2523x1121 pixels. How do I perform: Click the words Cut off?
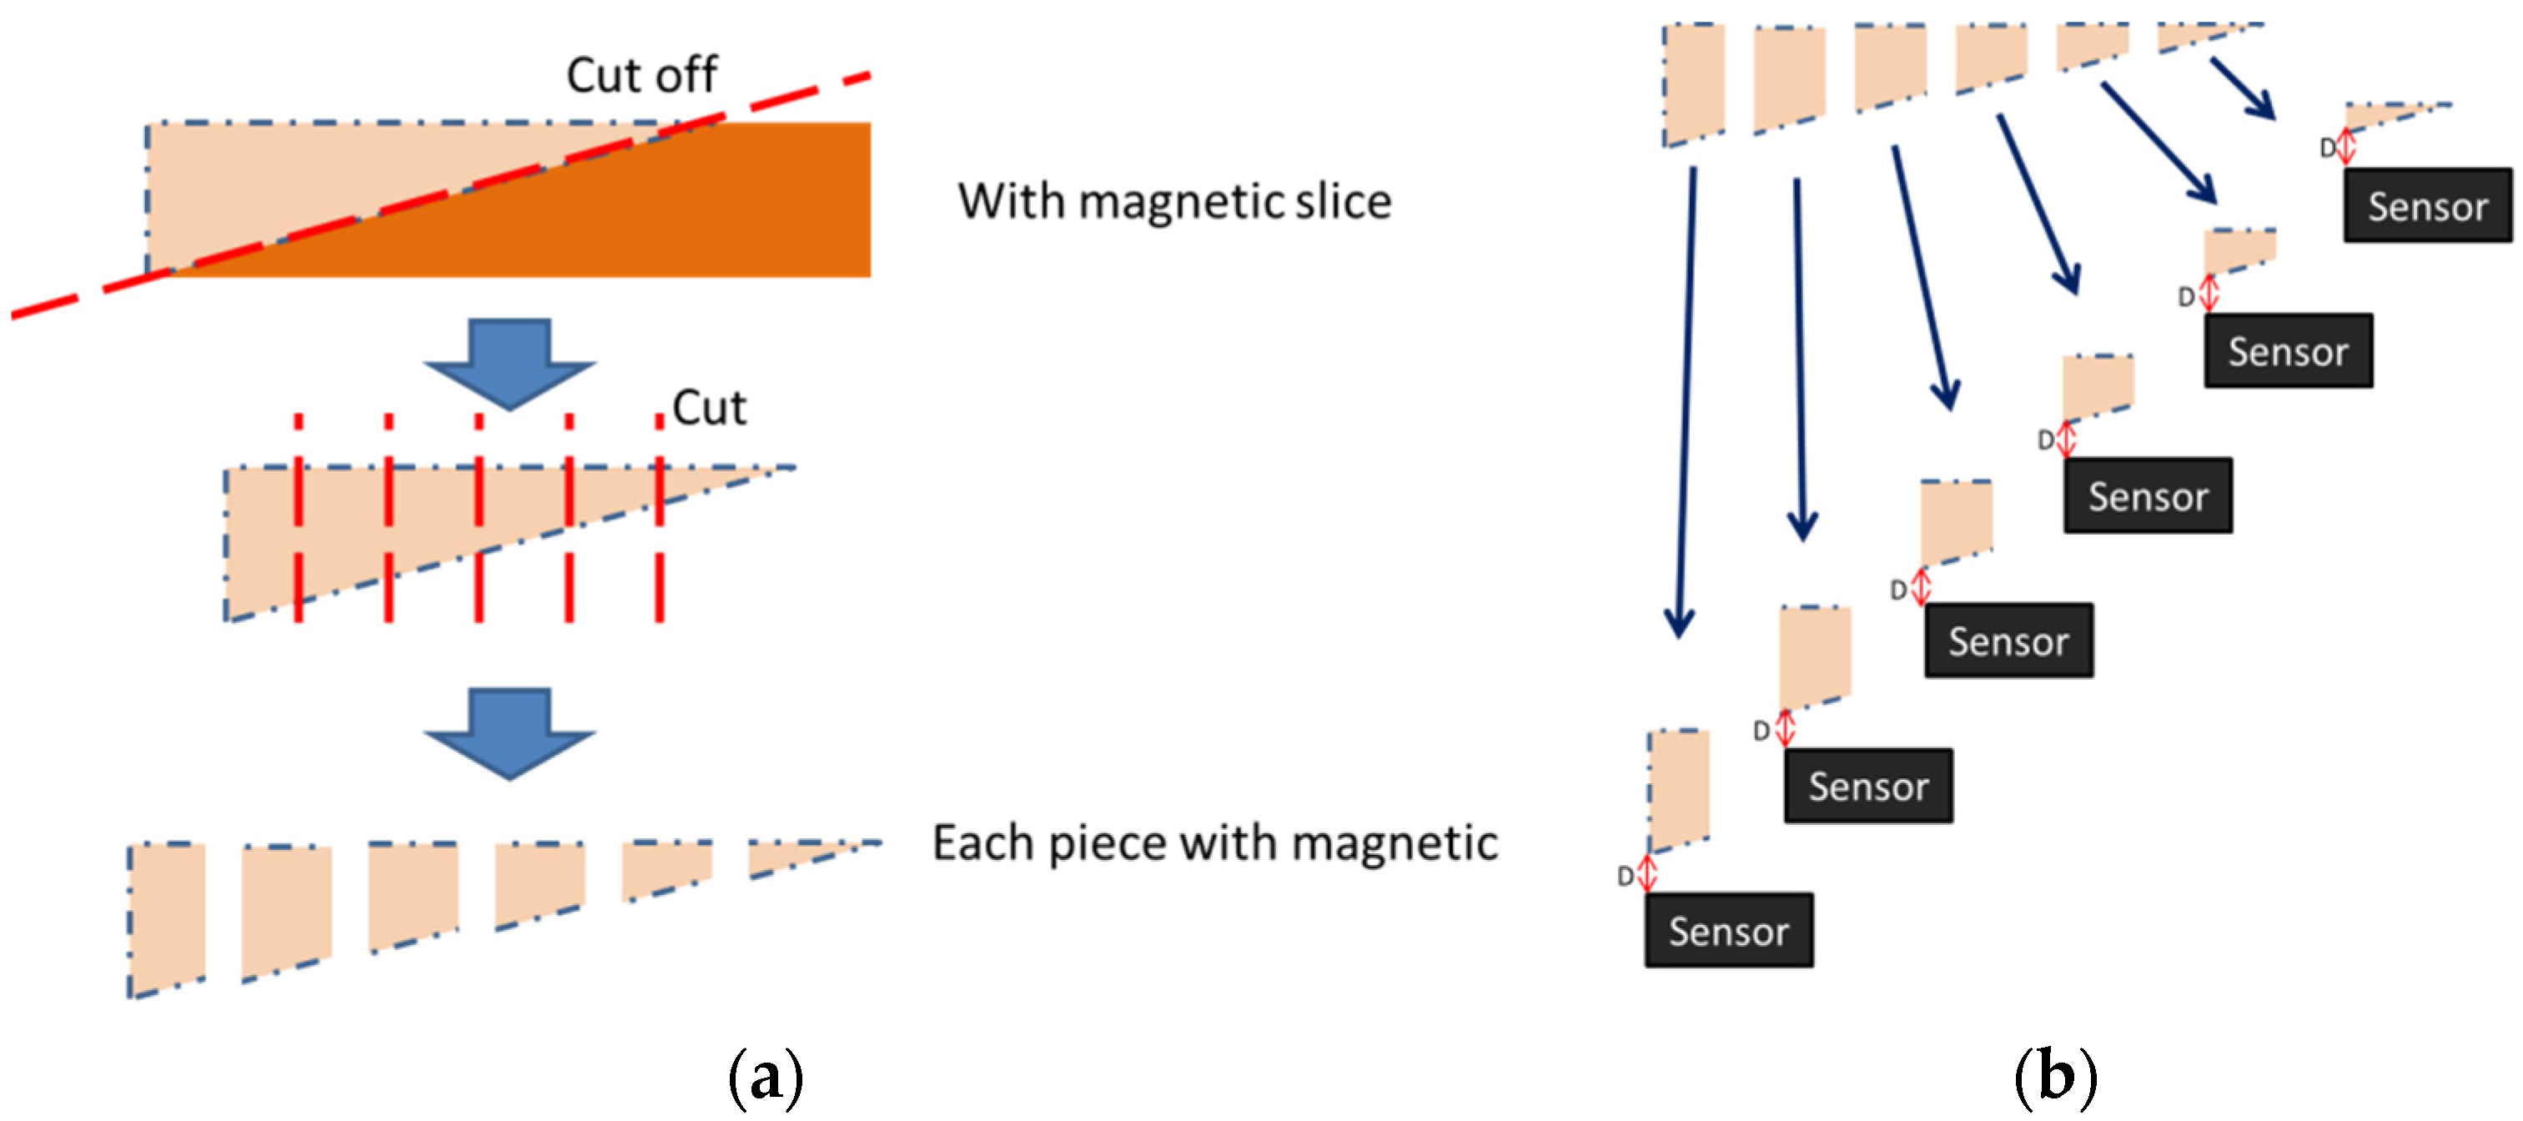point(641,75)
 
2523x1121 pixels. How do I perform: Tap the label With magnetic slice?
point(1174,202)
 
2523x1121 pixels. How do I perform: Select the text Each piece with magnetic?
point(1214,843)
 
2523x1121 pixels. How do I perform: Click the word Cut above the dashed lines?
point(709,407)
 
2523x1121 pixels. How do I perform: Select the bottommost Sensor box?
point(1729,930)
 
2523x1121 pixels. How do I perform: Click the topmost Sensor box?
point(2427,205)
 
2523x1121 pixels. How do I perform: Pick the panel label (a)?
point(765,1077)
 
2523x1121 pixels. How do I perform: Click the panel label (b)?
point(2055,1077)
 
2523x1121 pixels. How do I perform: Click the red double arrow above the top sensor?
point(2345,147)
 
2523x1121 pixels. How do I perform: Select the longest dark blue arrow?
point(1686,401)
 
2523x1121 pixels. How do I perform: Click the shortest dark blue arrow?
point(2242,88)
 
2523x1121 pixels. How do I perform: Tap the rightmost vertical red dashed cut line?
point(659,519)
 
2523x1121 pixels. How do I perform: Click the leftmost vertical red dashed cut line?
point(299,519)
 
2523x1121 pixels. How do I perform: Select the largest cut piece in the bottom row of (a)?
point(167,916)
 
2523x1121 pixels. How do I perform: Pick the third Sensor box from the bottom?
point(2008,641)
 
